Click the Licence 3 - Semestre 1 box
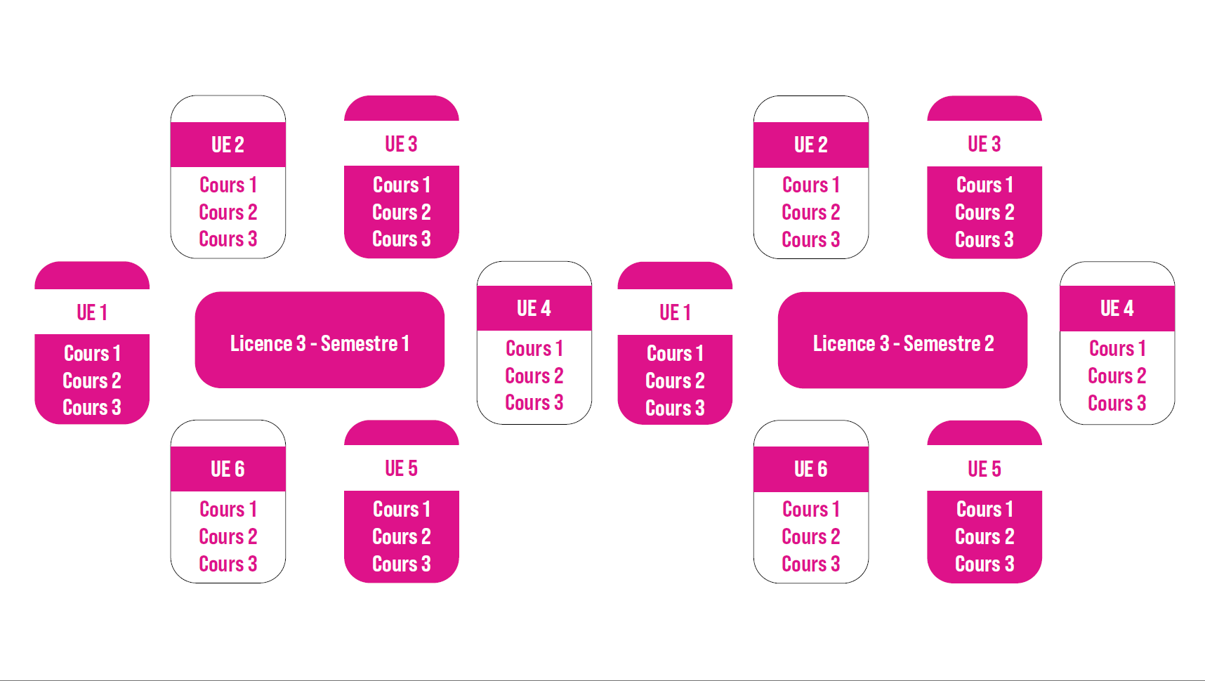[x=320, y=343]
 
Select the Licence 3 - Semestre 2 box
[x=903, y=343]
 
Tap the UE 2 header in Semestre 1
[x=228, y=145]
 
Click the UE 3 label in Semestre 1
[x=401, y=144]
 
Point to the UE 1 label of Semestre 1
[x=92, y=312]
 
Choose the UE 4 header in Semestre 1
[x=534, y=308]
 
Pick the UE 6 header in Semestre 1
[x=228, y=469]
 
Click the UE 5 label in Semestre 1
[x=401, y=468]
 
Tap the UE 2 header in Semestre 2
[x=811, y=145]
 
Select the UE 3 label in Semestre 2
[x=984, y=144]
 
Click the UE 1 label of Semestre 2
[x=675, y=312]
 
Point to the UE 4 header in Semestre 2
[x=1117, y=308]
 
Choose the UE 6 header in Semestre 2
[x=811, y=469]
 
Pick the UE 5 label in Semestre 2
[x=984, y=469]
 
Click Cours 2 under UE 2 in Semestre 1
[x=228, y=212]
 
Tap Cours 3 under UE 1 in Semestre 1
[x=92, y=407]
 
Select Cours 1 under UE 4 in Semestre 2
[x=1117, y=348]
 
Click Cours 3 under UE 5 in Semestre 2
[x=984, y=564]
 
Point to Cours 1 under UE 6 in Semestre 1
[x=228, y=509]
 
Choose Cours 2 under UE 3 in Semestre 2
[x=984, y=212]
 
